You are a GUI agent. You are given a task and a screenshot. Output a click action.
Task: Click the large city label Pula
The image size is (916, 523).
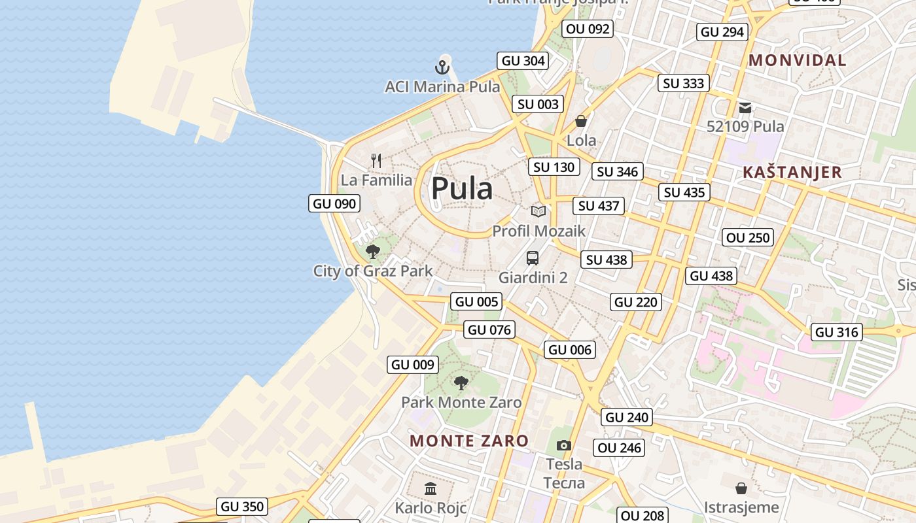coord(462,189)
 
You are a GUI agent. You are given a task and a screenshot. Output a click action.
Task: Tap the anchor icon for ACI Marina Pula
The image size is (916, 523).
coord(442,67)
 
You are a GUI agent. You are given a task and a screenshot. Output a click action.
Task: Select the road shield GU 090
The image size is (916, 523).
coord(335,203)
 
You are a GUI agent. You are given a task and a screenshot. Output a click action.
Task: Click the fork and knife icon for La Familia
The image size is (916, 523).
coord(376,160)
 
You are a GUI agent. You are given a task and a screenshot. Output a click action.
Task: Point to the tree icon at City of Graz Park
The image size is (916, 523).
coord(373,251)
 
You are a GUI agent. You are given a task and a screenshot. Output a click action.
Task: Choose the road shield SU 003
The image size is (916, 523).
coord(538,104)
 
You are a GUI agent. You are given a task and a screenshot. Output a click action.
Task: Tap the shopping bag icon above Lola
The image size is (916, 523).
coord(581,121)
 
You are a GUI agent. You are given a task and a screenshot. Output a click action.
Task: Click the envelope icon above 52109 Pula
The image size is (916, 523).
coord(745,107)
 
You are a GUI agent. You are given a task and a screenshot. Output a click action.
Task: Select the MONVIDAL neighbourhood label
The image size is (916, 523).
coord(798,60)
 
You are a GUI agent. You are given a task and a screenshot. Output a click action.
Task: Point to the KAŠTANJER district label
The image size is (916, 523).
coord(792,173)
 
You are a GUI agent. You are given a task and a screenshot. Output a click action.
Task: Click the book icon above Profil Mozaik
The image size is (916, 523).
coord(538,211)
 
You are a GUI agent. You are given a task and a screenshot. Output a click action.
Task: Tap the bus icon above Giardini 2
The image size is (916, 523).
coord(533,258)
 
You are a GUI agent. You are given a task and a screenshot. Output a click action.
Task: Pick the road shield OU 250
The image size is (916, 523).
coord(749,237)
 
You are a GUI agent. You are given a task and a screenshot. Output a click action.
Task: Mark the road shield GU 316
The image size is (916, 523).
coord(837,332)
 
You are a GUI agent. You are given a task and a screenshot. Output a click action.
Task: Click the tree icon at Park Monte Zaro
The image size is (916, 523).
coord(461,382)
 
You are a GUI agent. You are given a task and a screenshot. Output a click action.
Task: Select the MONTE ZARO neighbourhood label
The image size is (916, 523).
coord(469,441)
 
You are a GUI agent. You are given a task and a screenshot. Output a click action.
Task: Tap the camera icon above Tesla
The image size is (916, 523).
coord(564,445)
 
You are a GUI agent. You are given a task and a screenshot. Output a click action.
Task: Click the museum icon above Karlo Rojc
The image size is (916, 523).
coord(431,488)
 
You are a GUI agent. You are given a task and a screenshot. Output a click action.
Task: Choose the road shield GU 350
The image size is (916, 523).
coord(242,506)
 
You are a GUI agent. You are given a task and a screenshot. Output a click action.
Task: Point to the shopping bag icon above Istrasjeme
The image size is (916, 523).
coord(741,488)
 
